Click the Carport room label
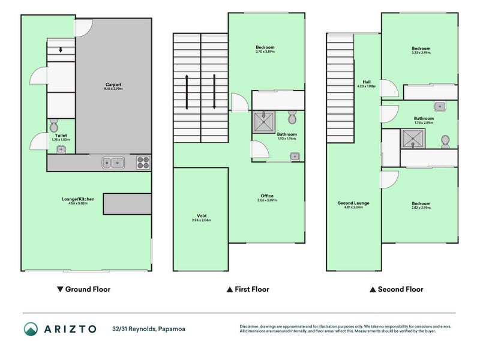[113, 85]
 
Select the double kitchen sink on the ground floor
[113, 161]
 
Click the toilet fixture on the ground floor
[53, 125]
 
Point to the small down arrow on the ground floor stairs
[61, 50]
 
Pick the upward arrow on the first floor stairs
[187, 92]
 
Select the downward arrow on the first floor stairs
[214, 92]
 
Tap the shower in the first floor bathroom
[263, 122]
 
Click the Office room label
[267, 196]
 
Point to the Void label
[202, 216]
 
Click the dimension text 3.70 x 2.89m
[265, 52]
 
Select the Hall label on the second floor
[366, 82]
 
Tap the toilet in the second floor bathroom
[445, 141]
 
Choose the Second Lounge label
[353, 203]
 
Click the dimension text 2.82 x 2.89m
[420, 208]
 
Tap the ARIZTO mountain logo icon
[31, 328]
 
